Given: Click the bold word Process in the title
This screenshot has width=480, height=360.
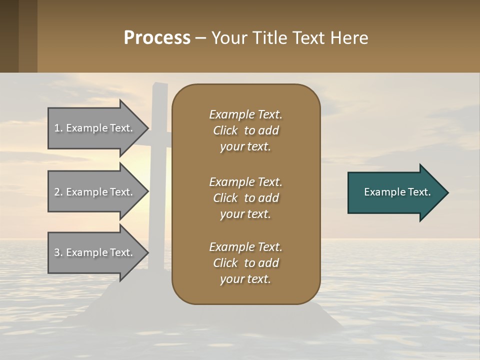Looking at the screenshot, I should click(x=157, y=37).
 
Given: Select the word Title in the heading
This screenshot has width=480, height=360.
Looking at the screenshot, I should click(x=270, y=37).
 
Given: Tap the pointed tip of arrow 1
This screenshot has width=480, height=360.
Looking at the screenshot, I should click(x=147, y=128).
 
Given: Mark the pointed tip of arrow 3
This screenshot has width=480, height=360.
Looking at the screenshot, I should click(x=147, y=253).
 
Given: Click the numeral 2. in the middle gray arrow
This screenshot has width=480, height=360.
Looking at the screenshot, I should click(x=58, y=192).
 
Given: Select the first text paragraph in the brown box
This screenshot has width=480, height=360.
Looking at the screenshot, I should click(x=245, y=130).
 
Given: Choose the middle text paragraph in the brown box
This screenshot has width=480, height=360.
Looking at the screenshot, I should click(x=245, y=198).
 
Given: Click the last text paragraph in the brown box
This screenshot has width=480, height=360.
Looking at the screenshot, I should click(x=245, y=263).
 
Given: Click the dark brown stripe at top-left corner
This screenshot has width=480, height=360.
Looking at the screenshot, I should click(x=9, y=36).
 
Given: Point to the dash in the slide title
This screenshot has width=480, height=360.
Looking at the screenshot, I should click(x=201, y=38).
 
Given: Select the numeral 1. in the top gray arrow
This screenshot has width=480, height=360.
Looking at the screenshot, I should click(x=58, y=128).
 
